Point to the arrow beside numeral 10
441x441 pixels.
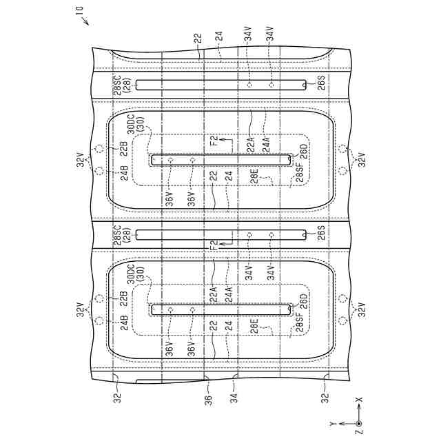(x=86, y=21)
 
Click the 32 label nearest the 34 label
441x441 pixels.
(x=325, y=398)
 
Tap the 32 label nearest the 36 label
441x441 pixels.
(x=114, y=398)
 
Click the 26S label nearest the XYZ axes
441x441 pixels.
(x=322, y=234)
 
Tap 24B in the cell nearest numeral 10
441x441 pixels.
(x=125, y=172)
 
